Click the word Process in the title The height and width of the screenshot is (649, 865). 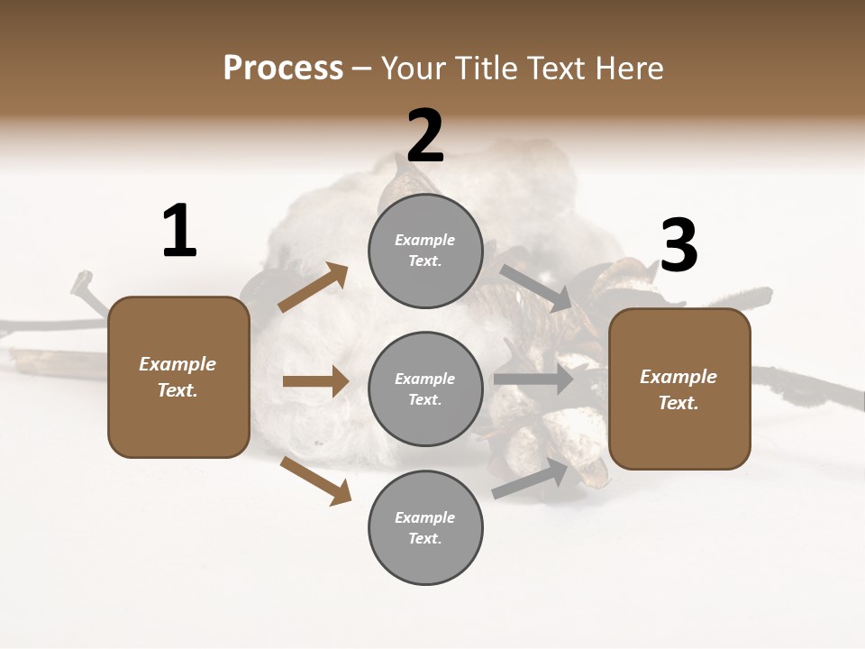point(283,69)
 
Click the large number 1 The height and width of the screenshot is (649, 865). point(179,232)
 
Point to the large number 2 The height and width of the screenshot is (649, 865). point(425,137)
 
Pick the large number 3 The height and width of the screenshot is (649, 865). point(679,247)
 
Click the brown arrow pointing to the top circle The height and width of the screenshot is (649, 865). point(314,288)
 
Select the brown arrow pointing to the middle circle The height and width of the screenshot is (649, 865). point(315,381)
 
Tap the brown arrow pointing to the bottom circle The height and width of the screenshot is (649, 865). point(315,480)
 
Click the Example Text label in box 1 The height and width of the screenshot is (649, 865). point(178,377)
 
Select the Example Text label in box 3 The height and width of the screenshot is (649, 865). point(678,389)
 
